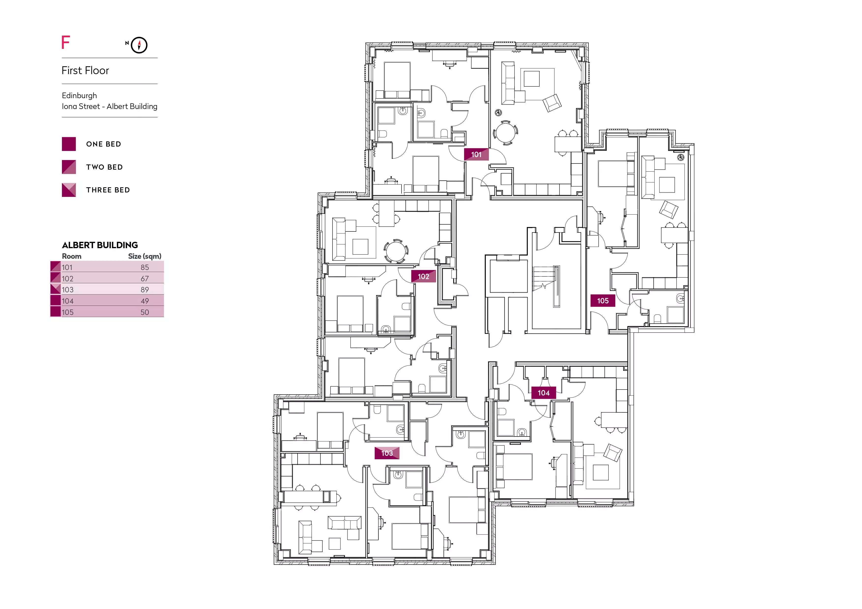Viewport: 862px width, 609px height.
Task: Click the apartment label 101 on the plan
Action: [x=476, y=154]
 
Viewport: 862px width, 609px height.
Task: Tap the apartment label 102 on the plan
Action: [x=423, y=276]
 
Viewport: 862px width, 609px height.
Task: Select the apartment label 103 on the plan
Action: [x=387, y=453]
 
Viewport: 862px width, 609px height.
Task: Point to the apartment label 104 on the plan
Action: [x=544, y=393]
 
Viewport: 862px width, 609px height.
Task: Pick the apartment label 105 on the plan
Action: [x=603, y=301]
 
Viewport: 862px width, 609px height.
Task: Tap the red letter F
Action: [x=66, y=42]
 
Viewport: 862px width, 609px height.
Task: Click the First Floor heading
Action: [x=85, y=70]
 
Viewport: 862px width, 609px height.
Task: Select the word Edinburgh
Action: [x=79, y=96]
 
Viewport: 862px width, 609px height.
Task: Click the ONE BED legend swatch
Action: [x=69, y=144]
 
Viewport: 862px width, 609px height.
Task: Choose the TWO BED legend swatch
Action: [x=69, y=167]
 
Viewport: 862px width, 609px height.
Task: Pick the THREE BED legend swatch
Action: [x=69, y=190]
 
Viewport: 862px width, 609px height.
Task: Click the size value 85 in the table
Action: [x=145, y=267]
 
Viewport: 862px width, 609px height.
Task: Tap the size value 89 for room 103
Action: [x=145, y=289]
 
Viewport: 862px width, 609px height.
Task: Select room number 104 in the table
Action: [x=68, y=301]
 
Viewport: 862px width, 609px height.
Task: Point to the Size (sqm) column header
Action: [x=144, y=256]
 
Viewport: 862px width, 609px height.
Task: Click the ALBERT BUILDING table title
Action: [x=100, y=245]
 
